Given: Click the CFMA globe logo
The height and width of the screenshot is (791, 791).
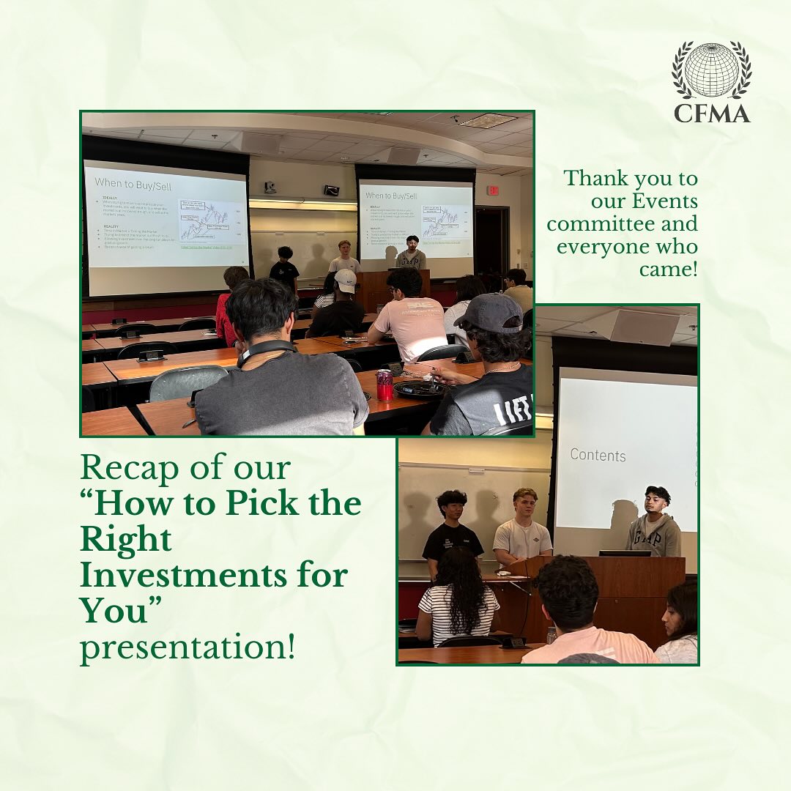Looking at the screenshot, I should tap(711, 70).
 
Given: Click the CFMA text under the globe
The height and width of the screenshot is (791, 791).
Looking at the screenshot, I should tap(711, 112).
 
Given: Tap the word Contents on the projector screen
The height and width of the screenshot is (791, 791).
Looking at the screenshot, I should tap(598, 455).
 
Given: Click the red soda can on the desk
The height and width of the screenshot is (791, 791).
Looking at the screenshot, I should tap(385, 385).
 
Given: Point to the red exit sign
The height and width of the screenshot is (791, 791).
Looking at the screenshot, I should tap(493, 190).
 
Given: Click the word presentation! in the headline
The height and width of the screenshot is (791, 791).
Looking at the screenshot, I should tap(187, 648).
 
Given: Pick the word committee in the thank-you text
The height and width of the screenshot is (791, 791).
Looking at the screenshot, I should tap(622, 224).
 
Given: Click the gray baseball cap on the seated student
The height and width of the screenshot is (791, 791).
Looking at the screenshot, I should tap(488, 313).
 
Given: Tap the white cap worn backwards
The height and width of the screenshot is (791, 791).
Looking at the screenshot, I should tap(345, 280).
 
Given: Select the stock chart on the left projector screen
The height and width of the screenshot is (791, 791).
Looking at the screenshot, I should tap(212, 220).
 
